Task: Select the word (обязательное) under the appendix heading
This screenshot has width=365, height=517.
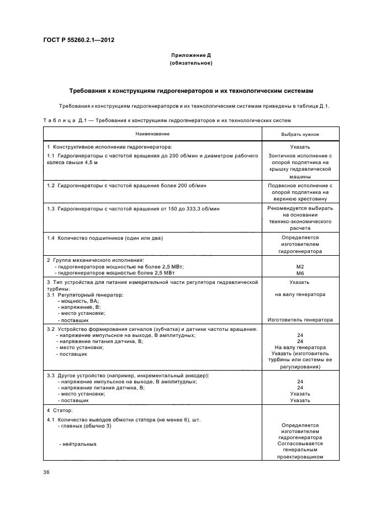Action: [191, 64]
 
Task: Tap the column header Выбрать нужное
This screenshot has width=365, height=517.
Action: [300, 134]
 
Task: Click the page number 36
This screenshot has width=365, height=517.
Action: [46, 471]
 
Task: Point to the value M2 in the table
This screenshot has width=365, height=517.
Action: [300, 266]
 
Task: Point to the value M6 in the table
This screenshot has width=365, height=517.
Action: [300, 273]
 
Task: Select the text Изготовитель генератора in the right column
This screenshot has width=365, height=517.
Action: [300, 319]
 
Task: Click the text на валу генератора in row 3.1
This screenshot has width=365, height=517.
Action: [300, 294]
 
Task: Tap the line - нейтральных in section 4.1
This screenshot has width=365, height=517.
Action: [77, 444]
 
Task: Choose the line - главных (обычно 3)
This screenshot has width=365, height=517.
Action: [84, 426]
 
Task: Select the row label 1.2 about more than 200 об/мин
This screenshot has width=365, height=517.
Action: [123, 186]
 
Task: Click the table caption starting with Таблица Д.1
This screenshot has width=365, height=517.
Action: [166, 120]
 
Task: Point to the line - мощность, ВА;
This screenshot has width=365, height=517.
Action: [77, 301]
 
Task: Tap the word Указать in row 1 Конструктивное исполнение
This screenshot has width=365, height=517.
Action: [300, 147]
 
